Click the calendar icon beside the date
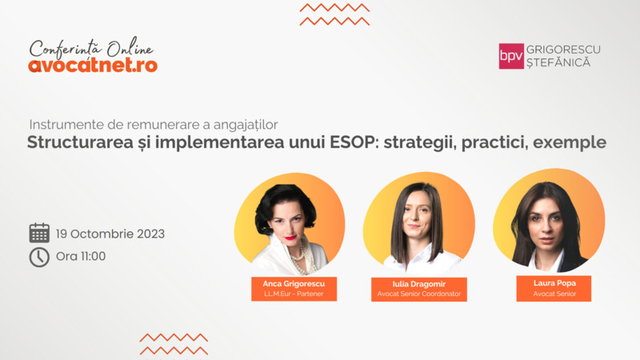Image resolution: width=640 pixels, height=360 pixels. [x=39, y=233]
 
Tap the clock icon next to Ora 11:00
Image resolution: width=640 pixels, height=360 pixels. [x=39, y=257]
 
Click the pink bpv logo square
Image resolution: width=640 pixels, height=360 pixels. [x=511, y=56]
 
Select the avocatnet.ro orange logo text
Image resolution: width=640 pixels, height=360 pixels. [x=93, y=66]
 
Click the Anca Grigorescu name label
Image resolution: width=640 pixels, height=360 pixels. [x=294, y=289]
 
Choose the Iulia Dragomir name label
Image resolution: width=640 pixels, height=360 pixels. [x=418, y=290]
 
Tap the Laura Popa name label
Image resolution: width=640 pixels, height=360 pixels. [x=554, y=289]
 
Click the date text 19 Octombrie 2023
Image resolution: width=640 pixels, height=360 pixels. [x=110, y=234]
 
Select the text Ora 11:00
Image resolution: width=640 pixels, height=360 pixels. [x=81, y=256]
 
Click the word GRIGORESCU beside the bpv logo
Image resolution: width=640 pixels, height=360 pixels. [x=563, y=50]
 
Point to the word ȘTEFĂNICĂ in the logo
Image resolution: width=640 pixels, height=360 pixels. [x=558, y=62]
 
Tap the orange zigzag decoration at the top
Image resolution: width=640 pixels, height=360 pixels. [x=334, y=14]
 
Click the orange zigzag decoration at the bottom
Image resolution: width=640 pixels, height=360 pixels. [x=174, y=344]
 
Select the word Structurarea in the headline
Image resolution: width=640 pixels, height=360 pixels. [x=80, y=142]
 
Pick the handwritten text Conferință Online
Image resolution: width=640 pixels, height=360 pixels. [x=91, y=48]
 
